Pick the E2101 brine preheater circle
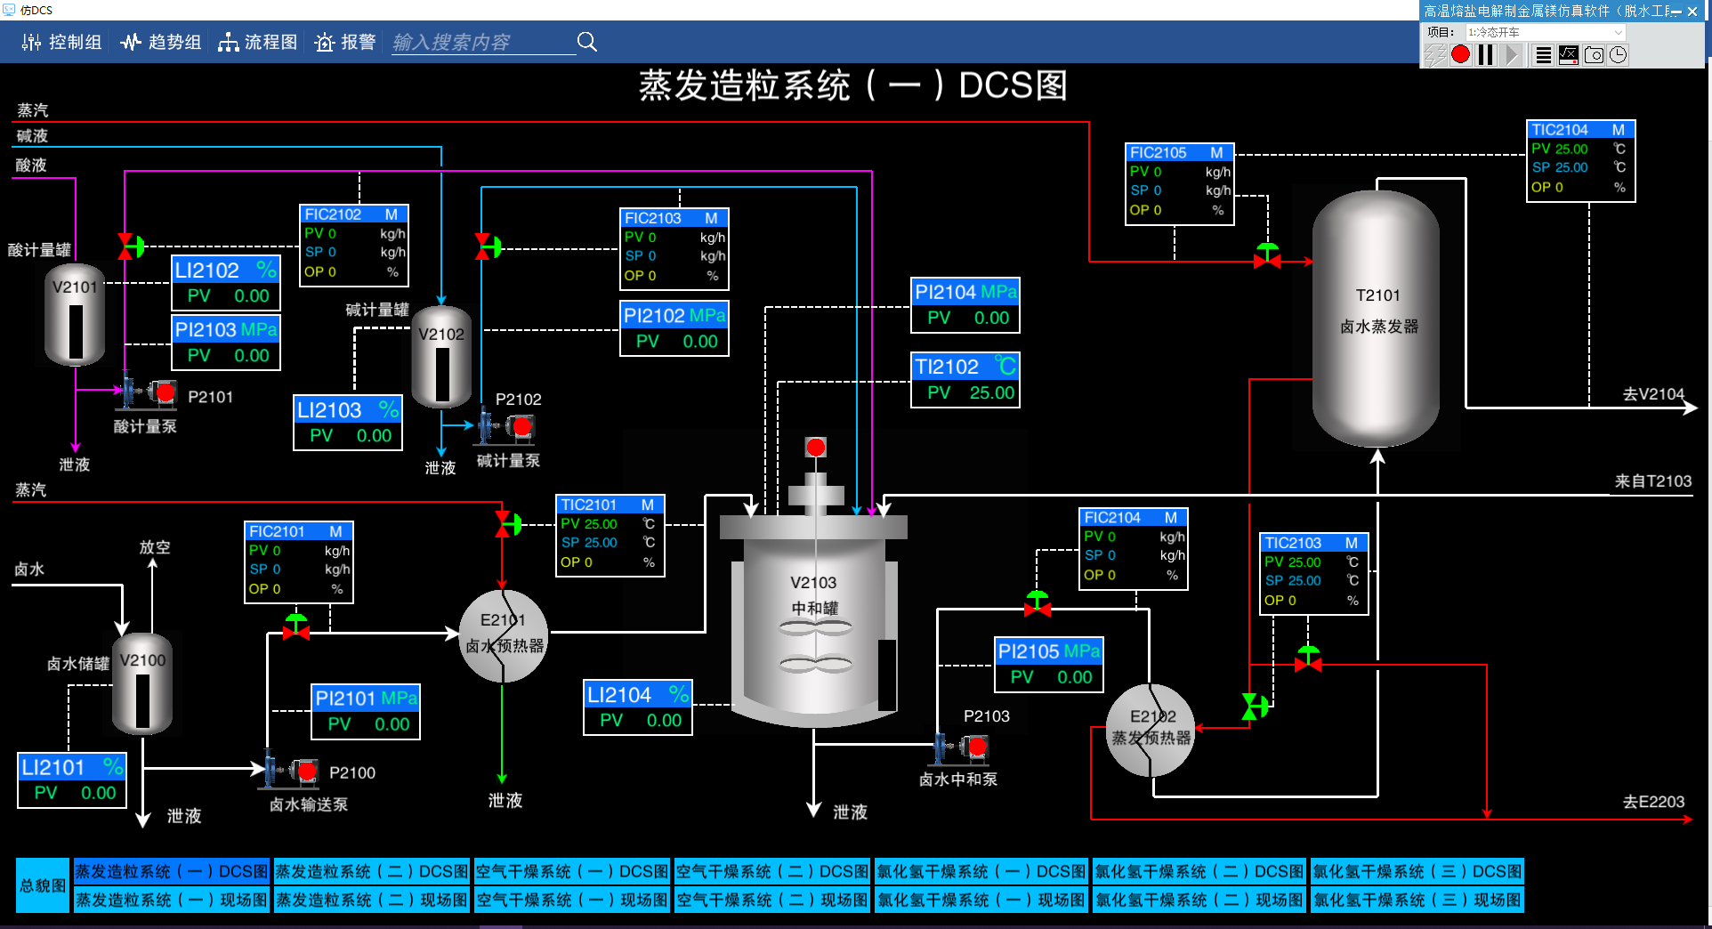pos(503,635)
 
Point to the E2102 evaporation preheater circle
pos(1151,729)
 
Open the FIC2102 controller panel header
pos(353,214)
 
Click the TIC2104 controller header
pos(1580,130)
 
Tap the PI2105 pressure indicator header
pos(1048,651)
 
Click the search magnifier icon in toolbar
pos(586,42)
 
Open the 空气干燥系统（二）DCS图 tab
pos(771,871)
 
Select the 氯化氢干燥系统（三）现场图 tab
pos(1417,900)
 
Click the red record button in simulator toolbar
pos(1460,55)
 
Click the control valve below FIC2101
pos(295,628)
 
